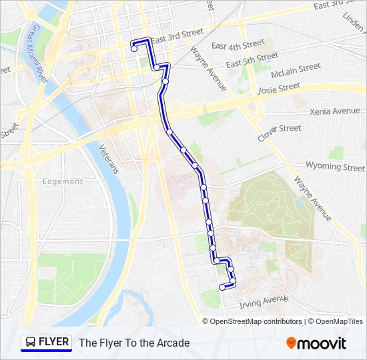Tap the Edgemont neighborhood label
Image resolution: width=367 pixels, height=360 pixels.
pos(62,181)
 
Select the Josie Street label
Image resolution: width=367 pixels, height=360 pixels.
pos(278,87)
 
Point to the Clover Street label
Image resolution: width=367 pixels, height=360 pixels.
pos(279,131)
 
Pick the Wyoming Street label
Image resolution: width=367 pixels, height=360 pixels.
pos(335,166)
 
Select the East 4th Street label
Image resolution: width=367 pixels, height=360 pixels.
pos(238,46)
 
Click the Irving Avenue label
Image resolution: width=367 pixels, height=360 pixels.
pos(262,302)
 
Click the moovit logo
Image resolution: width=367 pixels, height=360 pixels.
pos(316,343)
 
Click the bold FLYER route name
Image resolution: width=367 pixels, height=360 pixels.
pos(54,342)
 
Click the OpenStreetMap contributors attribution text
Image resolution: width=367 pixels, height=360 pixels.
pos(256,321)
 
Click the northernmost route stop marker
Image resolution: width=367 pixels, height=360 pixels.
pos(134,48)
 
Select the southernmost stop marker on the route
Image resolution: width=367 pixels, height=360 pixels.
pos(222,287)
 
